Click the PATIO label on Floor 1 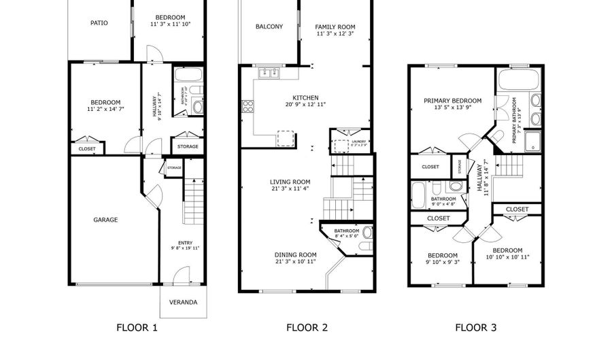pyautogui.click(x=99, y=22)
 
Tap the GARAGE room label pyautogui.click(x=105, y=220)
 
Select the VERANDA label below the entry pyautogui.click(x=184, y=302)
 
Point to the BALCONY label pyautogui.click(x=269, y=27)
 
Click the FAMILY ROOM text pyautogui.click(x=335, y=27)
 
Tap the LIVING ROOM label pyautogui.click(x=290, y=182)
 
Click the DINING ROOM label pyautogui.click(x=296, y=255)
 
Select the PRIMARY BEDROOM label pyautogui.click(x=452, y=101)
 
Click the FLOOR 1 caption pyautogui.click(x=137, y=328)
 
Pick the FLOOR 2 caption pyautogui.click(x=307, y=328)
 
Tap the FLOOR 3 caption pyautogui.click(x=475, y=328)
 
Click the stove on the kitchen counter pyautogui.click(x=248, y=105)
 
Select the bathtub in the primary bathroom pyautogui.click(x=517, y=80)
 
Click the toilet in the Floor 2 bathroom pyautogui.click(x=367, y=232)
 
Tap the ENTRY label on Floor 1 pyautogui.click(x=185, y=243)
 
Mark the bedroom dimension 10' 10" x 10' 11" pyautogui.click(x=508, y=257)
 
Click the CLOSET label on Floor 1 pyautogui.click(x=87, y=148)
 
